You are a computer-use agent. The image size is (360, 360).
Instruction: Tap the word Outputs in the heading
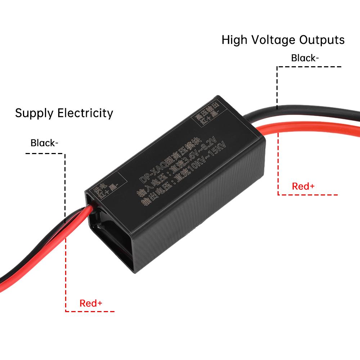[x=321, y=40]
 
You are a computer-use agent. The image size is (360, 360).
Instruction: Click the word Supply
[x=35, y=113]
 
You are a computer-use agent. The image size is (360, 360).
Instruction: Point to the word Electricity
[x=85, y=113]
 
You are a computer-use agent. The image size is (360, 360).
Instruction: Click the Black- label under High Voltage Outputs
[x=305, y=58]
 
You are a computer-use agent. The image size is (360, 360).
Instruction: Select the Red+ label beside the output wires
[x=303, y=186]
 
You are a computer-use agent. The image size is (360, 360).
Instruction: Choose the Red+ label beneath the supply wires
[x=91, y=303]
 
